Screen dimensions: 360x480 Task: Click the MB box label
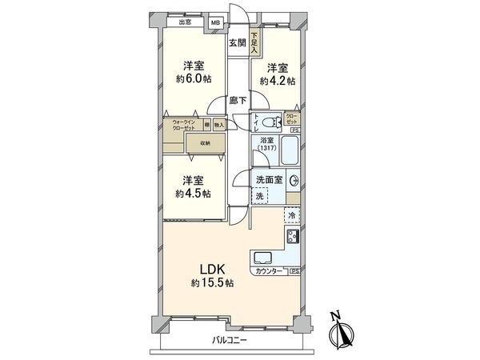pyautogui.click(x=214, y=22)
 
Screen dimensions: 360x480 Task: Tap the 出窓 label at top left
pyautogui.click(x=185, y=22)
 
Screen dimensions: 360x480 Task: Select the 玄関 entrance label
pyautogui.click(x=236, y=42)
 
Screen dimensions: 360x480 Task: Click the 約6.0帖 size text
pyautogui.click(x=193, y=79)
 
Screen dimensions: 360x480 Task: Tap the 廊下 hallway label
pyautogui.click(x=236, y=101)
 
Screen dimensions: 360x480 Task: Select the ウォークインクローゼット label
pyautogui.click(x=184, y=126)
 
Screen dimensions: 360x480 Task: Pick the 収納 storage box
pyautogui.click(x=205, y=143)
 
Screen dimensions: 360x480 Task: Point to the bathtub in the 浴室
pyautogui.click(x=287, y=150)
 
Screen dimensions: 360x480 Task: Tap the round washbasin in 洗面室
pyautogui.click(x=293, y=180)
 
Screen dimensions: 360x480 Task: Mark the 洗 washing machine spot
pyautogui.click(x=261, y=196)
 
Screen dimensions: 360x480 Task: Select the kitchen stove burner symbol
pyautogui.click(x=293, y=237)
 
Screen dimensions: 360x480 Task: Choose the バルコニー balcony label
pyautogui.click(x=230, y=341)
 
